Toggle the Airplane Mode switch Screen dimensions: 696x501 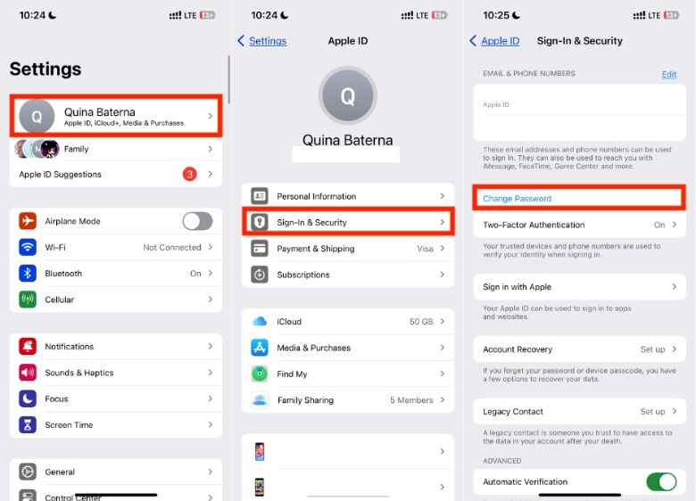197,221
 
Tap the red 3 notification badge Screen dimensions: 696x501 189,174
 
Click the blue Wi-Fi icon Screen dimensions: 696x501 28,247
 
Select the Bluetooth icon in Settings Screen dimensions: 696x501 28,273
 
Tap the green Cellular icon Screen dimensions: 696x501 28,300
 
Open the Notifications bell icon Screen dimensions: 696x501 28,346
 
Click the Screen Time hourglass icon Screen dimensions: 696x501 28,424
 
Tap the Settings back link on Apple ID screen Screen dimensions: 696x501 262,41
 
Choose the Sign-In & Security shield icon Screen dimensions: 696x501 260,222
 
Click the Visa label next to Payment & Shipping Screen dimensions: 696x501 425,249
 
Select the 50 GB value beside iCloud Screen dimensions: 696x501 421,322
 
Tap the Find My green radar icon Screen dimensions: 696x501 260,374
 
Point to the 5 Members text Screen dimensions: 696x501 411,400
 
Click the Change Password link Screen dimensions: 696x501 518,199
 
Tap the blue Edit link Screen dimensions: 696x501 669,74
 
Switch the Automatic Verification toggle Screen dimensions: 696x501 661,481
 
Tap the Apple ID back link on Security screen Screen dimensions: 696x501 494,41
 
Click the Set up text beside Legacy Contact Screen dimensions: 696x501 652,412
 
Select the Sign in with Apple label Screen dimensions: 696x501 518,287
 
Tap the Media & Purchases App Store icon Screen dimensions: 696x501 260,348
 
